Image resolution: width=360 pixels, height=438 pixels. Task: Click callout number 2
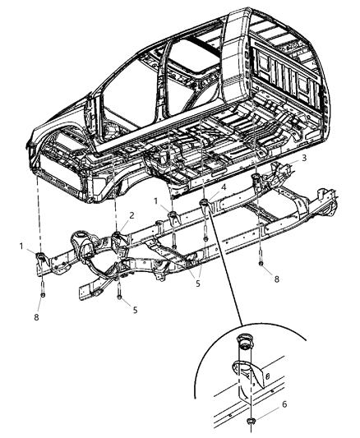point(131,214)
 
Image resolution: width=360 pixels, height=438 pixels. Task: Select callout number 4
point(223,188)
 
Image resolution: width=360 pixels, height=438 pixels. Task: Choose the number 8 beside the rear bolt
point(276,279)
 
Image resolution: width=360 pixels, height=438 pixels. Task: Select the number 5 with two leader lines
point(196,284)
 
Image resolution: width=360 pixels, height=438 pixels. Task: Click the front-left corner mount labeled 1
point(41,261)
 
